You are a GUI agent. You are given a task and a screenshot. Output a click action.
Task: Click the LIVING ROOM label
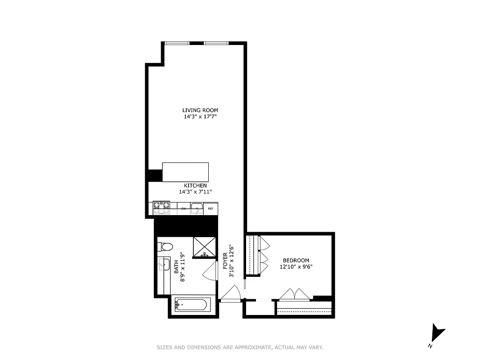(200, 110)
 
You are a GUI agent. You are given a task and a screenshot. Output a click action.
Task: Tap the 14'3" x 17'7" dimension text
(200, 117)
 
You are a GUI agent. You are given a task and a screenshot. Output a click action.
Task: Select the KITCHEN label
(195, 185)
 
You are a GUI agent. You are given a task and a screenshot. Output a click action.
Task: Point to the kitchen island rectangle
(185, 172)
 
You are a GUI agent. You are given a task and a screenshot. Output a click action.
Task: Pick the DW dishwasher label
(184, 209)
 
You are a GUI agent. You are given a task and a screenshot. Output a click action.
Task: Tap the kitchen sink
(197, 208)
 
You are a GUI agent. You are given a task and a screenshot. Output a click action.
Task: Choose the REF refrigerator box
(211, 209)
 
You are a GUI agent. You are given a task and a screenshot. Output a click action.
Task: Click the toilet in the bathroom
(165, 247)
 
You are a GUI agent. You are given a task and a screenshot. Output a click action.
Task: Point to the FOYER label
(225, 261)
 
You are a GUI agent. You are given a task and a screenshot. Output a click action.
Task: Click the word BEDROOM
(296, 260)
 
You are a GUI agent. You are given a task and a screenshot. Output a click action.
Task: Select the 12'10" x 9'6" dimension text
(296, 266)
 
